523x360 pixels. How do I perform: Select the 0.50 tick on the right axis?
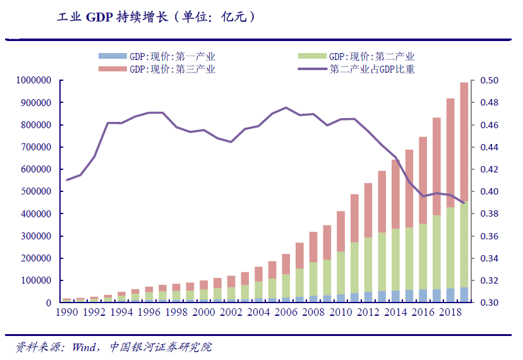(x=490, y=80)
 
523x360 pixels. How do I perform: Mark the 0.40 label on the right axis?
(x=490, y=192)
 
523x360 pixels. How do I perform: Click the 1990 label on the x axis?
(x=67, y=313)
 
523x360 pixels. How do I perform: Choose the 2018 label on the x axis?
(x=450, y=313)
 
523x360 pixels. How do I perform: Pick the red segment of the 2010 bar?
(x=340, y=231)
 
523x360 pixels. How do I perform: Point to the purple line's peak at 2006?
(x=286, y=107)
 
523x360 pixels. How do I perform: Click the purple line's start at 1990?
(x=67, y=180)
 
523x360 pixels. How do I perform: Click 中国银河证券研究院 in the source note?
(x=160, y=347)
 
